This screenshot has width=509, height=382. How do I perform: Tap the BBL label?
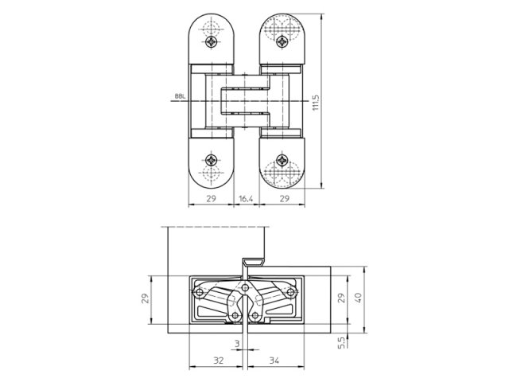click(178, 99)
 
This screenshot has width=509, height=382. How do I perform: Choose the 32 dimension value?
click(219, 360)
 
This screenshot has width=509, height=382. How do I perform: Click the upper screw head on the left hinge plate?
click(211, 40)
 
